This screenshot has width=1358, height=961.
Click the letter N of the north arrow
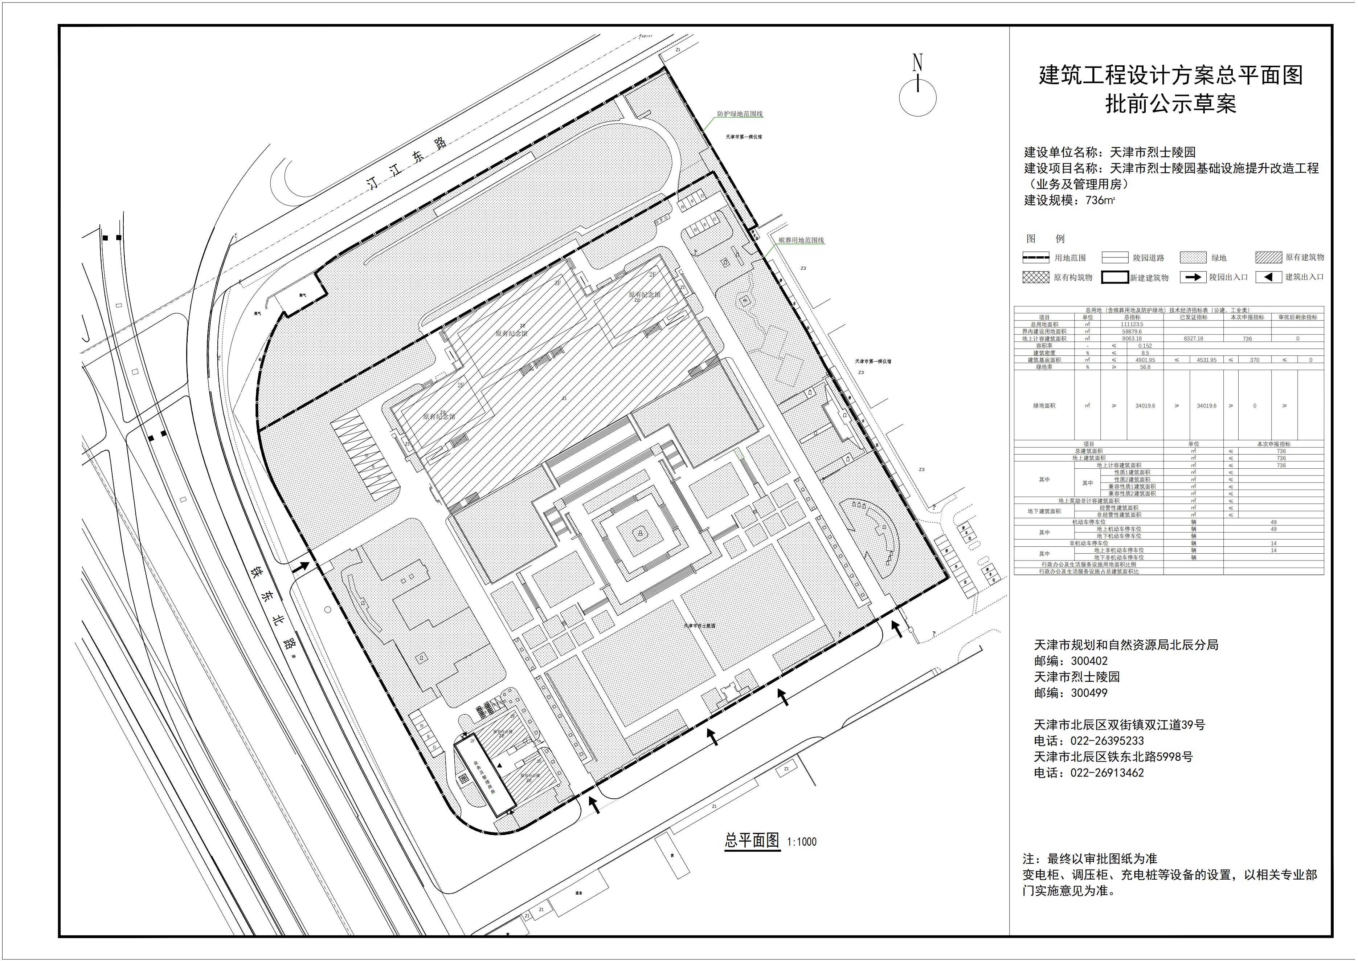tap(917, 63)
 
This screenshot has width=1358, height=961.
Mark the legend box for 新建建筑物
tap(1115, 277)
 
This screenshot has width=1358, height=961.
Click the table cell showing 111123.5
tap(1132, 324)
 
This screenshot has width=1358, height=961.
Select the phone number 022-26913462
tap(1106, 773)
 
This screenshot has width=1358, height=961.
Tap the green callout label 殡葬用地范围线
tap(801, 241)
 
